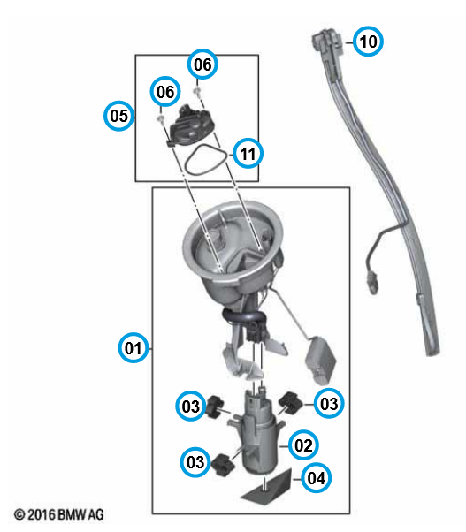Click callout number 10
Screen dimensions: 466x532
(x=368, y=42)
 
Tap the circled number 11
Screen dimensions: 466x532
(x=248, y=154)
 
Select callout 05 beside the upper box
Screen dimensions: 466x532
(x=118, y=116)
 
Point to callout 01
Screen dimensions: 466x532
(x=134, y=348)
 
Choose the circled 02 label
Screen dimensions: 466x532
(x=303, y=445)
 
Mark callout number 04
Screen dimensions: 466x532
(x=317, y=478)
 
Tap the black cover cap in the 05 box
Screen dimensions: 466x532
(x=191, y=125)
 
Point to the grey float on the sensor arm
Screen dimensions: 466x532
(x=321, y=361)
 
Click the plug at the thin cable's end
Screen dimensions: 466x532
(x=373, y=281)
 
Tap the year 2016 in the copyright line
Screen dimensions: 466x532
(x=42, y=514)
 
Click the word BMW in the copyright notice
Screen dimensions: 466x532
(x=72, y=514)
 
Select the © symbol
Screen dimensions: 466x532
(x=19, y=514)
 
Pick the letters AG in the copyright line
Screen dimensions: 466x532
(x=96, y=514)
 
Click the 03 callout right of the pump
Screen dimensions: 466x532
(x=329, y=404)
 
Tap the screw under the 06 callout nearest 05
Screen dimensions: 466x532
(x=160, y=118)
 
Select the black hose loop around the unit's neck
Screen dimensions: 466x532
(x=243, y=317)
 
